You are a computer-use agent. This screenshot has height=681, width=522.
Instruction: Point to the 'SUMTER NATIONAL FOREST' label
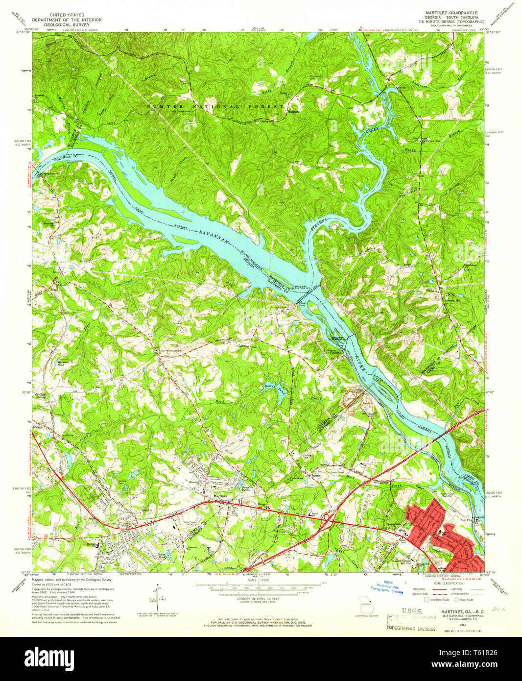click(x=215, y=106)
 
